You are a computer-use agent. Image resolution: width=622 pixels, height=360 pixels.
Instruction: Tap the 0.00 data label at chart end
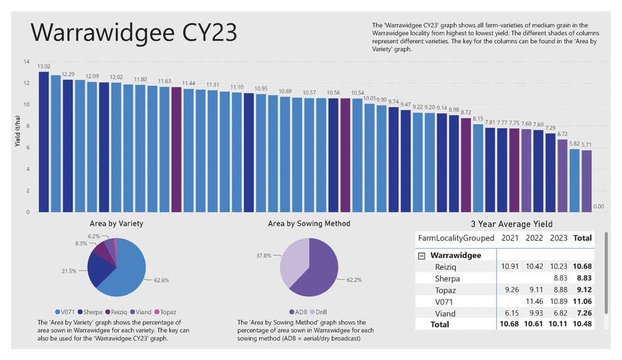click(598, 206)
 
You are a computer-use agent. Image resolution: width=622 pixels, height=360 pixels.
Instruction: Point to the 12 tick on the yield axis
click(26, 83)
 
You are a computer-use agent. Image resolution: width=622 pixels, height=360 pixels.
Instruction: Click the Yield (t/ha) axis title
click(17, 136)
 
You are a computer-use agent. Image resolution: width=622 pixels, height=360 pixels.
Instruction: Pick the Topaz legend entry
click(162, 311)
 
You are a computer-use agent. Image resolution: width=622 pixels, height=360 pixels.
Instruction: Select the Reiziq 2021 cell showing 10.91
click(510, 267)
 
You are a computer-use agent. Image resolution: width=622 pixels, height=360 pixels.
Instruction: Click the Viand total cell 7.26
click(582, 314)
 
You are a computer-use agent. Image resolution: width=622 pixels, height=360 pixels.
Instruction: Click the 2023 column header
click(558, 238)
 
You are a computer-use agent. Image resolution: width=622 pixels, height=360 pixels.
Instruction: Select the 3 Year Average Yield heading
click(511, 224)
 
